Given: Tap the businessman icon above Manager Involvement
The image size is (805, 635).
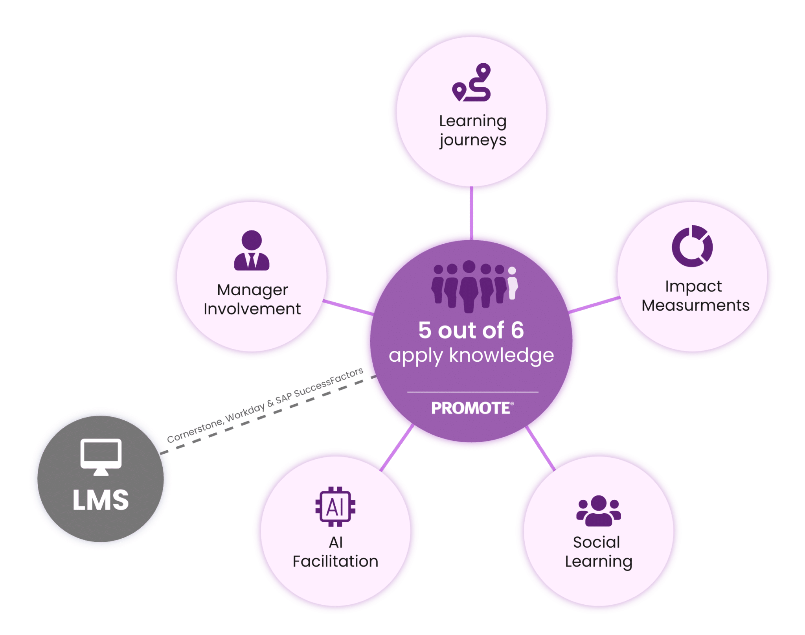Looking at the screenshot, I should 252,250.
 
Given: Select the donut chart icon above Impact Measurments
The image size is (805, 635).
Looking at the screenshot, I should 692,246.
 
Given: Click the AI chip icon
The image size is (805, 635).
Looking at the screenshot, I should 335,507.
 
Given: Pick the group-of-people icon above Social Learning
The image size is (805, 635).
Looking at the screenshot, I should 598,511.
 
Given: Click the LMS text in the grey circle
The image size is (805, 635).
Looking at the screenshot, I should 101,501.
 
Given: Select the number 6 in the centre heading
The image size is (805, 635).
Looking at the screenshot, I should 517,330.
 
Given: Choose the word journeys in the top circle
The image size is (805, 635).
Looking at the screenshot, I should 473,140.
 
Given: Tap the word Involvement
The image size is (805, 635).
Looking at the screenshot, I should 252,309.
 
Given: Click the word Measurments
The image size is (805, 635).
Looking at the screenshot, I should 695,306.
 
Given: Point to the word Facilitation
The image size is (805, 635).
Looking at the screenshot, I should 335,561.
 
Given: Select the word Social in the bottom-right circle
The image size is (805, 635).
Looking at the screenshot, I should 596,542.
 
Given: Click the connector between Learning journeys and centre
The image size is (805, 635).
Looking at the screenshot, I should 472,212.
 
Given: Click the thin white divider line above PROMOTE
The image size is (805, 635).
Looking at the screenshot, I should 472,392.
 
